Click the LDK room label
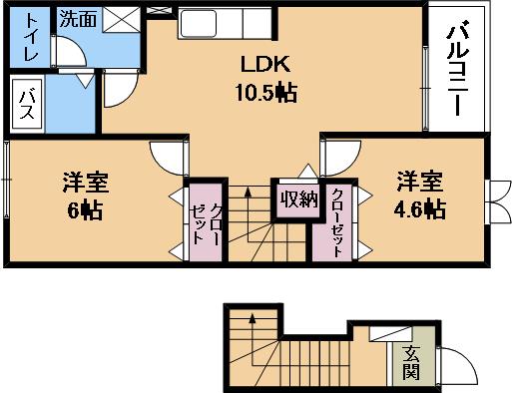click(x=265, y=65)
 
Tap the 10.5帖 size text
click(x=266, y=92)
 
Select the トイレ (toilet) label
click(x=32, y=37)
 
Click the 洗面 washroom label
click(x=78, y=19)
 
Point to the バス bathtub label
click(x=26, y=105)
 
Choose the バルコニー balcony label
click(x=458, y=68)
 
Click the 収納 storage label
click(x=298, y=199)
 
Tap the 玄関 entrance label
click(x=410, y=363)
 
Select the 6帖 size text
click(x=85, y=209)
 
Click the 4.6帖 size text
click(x=420, y=209)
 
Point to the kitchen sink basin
click(x=199, y=23)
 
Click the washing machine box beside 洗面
click(x=121, y=20)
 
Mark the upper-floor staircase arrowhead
click(x=248, y=192)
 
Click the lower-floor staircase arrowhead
click(x=253, y=318)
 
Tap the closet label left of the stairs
click(x=206, y=223)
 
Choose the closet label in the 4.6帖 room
click(x=336, y=222)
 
